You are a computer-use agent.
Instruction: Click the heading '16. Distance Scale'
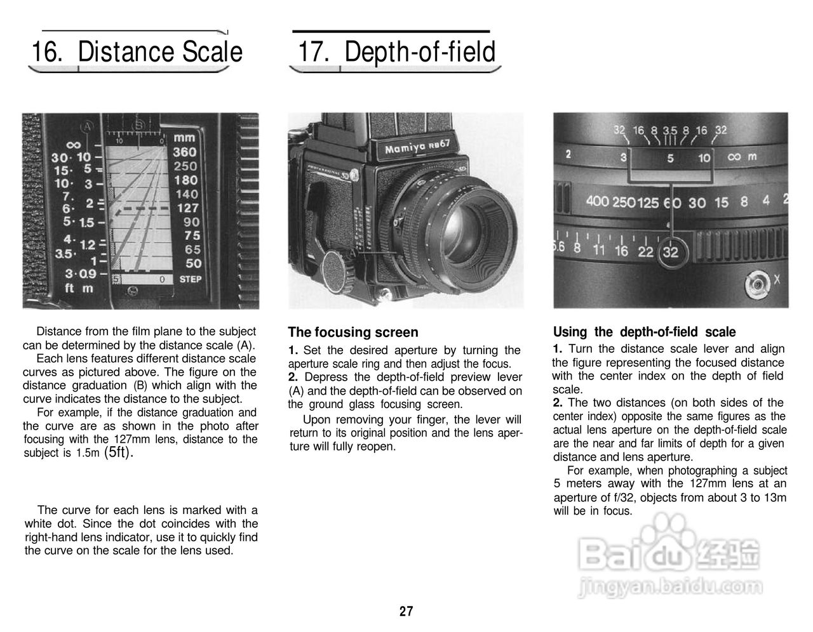pos(137,52)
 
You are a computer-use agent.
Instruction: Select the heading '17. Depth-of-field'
pos(396,52)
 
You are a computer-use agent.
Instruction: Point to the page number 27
pos(406,612)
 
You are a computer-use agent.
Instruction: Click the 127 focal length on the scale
pos(187,208)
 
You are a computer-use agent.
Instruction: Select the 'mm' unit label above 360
pos(185,138)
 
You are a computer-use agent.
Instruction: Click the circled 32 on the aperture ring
pos(670,252)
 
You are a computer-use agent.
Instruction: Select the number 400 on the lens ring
pos(597,202)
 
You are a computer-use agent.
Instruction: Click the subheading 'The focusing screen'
pos(353,332)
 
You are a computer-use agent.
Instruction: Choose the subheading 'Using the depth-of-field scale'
pos(644,332)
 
